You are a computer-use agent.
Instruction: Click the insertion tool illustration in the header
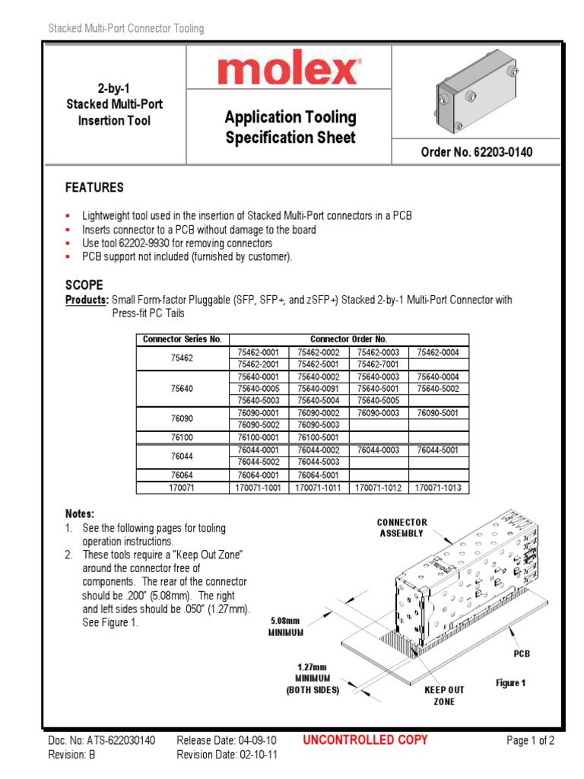point(477,94)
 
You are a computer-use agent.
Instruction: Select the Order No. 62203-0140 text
point(477,152)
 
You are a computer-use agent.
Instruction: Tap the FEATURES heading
point(94,188)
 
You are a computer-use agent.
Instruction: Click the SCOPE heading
point(84,285)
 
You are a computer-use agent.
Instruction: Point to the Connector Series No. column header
point(182,339)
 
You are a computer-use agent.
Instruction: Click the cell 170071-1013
point(439,488)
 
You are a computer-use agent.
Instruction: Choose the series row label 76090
point(182,418)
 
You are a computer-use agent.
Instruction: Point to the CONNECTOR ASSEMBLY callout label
point(402,527)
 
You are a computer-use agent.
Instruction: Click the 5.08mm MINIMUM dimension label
point(286,626)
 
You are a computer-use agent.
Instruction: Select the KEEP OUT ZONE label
point(444,695)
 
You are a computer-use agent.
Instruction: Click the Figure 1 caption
point(511,683)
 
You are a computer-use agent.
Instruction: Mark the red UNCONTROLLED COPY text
point(365,739)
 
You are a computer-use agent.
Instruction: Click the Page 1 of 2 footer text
point(530,740)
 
